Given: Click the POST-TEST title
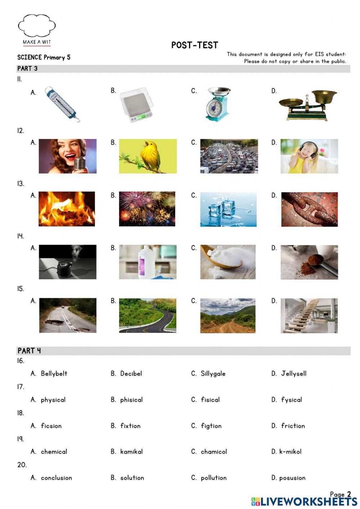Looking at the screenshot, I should pos(194,45).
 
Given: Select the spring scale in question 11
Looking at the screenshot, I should pos(62,104).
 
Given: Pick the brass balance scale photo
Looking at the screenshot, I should pos(308,104).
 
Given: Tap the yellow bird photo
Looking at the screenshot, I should pos(148,156).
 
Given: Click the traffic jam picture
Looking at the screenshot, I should pos(229,156).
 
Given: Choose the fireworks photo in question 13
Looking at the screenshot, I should pos(147,209).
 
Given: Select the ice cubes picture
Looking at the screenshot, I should pos(228,209).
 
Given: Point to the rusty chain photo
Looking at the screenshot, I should pos(309,209).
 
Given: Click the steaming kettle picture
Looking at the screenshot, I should pos(67,262).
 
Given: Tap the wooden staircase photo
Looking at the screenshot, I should pos(309,315).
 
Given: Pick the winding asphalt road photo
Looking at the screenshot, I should pos(148,315).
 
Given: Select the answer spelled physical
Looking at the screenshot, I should pos(53,400).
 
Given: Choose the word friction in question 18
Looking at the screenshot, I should pos(293,426).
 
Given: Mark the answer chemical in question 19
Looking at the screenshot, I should pos(54,452).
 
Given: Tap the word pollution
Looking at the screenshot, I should pos(213,478).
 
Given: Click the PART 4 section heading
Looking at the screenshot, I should pos(29,351).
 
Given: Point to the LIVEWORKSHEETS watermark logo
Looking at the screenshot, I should pos(304,501).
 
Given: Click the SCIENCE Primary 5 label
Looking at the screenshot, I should pos(44,57).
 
